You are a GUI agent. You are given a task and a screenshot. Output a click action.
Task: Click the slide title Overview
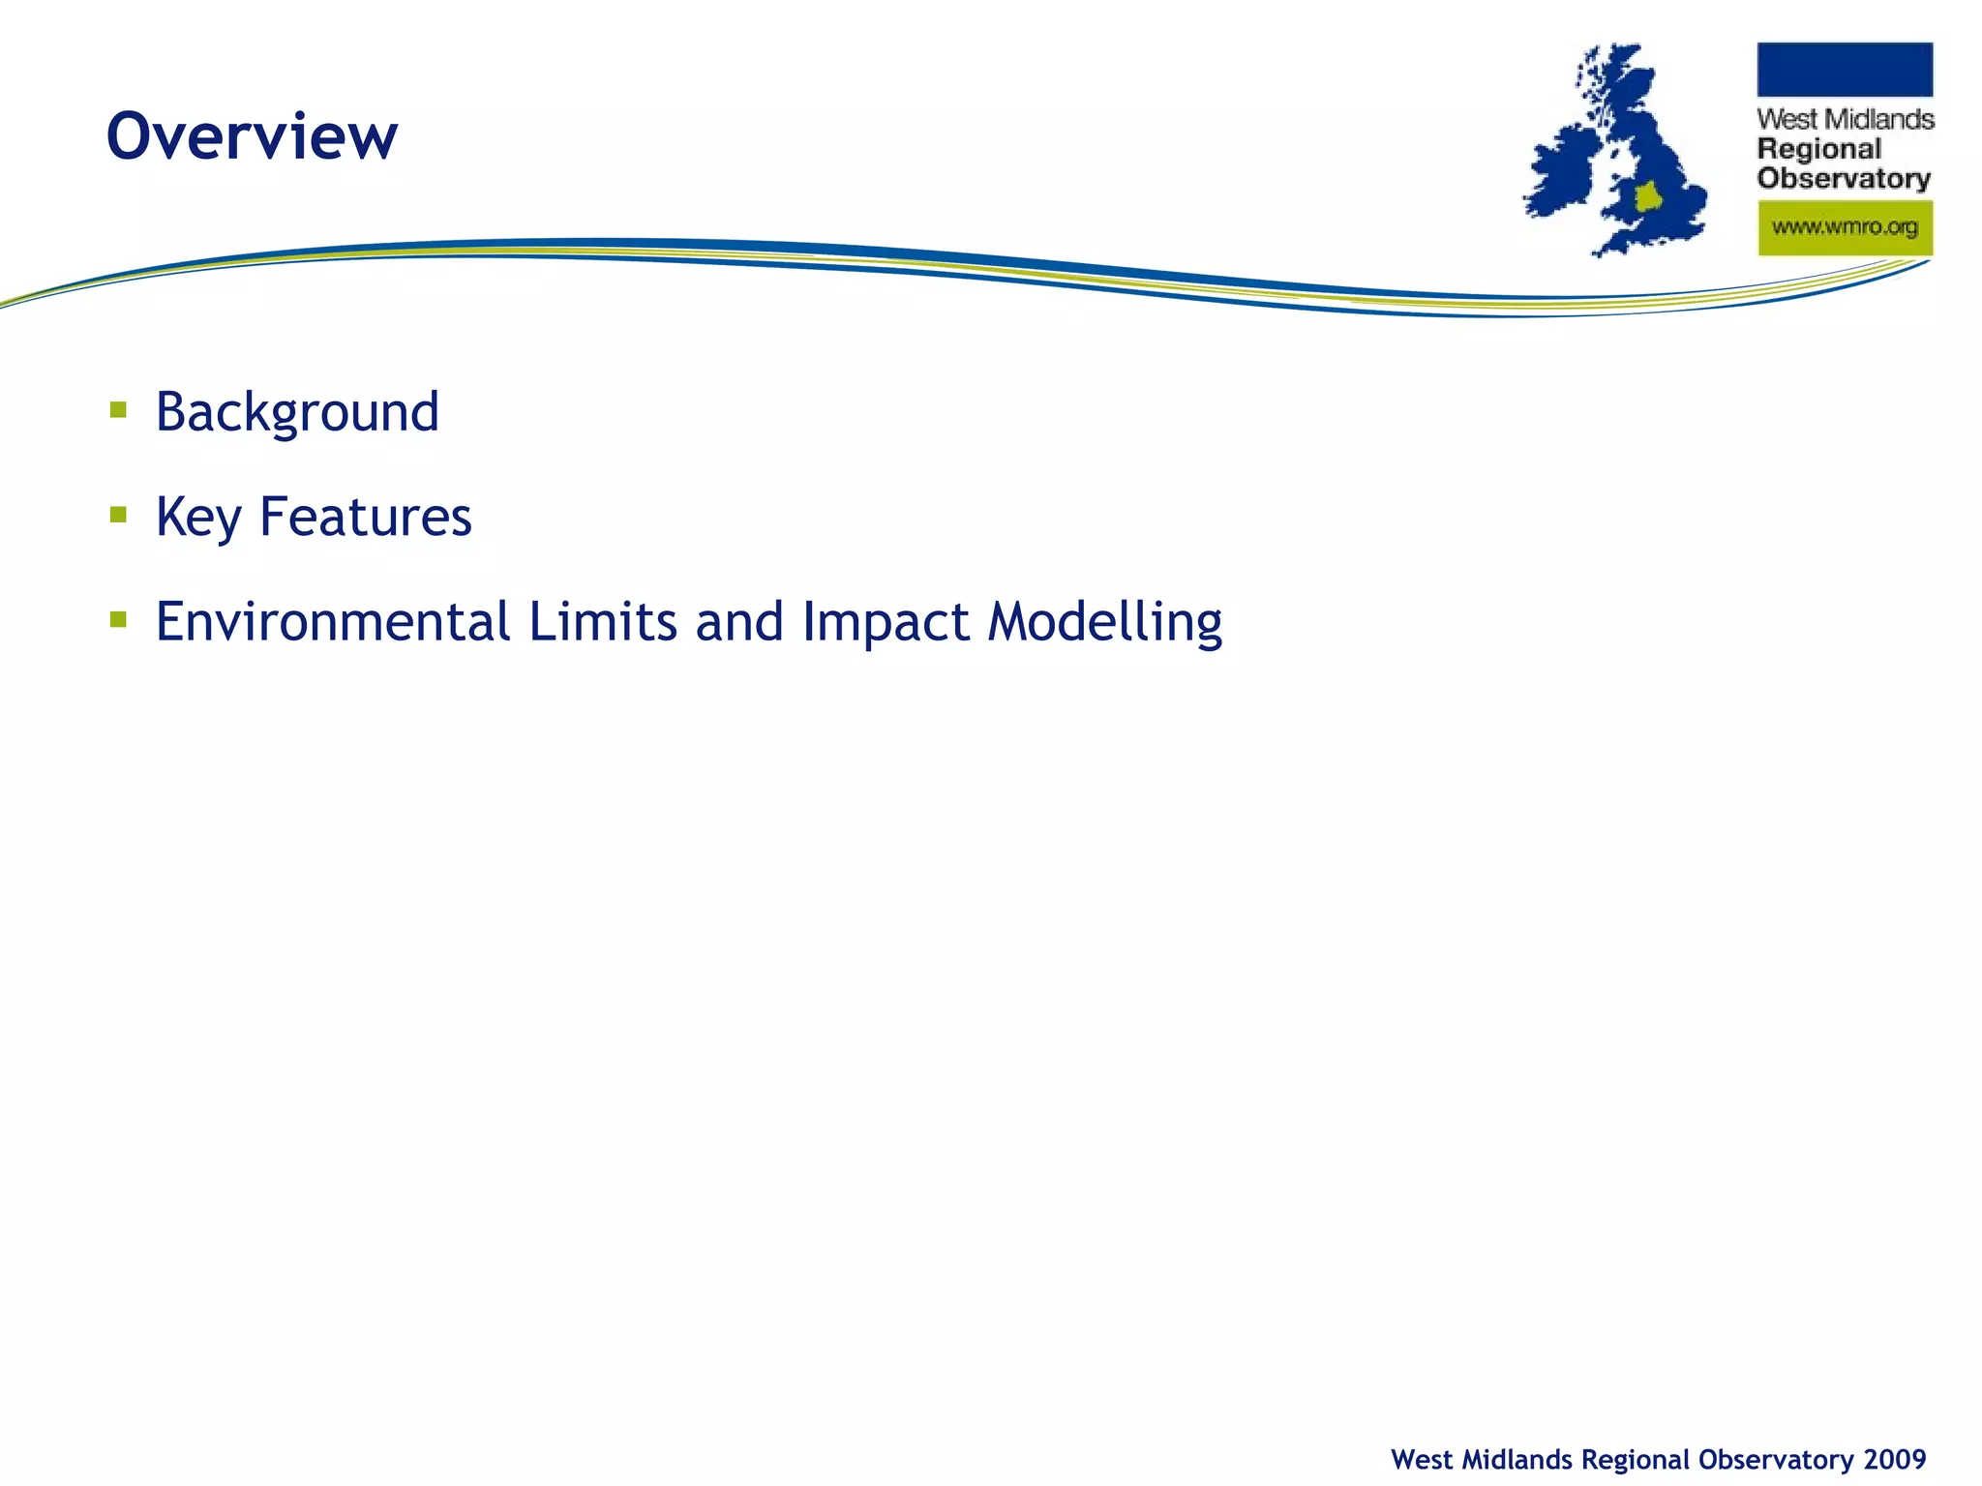[252, 136]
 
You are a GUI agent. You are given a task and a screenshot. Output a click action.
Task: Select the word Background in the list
[297, 413]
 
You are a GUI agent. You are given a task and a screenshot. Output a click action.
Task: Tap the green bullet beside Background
[119, 410]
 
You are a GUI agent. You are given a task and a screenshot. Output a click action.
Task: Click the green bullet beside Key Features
[119, 515]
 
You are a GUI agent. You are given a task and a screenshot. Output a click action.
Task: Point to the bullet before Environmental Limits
[119, 619]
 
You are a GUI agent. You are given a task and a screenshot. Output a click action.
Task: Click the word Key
[198, 518]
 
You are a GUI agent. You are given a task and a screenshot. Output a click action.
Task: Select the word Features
[366, 517]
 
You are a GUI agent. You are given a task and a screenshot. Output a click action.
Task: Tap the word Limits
[603, 621]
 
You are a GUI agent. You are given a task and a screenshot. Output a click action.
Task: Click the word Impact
[886, 623]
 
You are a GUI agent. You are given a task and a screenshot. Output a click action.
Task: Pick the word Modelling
[1105, 623]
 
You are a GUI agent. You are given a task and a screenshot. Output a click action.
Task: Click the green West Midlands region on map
[1647, 196]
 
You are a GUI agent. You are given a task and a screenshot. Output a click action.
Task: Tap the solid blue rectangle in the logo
[1845, 70]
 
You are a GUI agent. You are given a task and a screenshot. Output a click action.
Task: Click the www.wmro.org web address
[1845, 228]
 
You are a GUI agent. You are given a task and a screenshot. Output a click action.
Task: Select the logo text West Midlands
[1845, 120]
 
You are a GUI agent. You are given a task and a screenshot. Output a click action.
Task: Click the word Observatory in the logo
[1844, 179]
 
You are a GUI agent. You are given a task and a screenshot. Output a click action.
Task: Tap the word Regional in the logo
[1819, 149]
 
